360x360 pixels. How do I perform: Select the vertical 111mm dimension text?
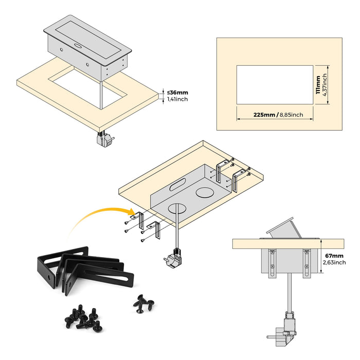click(x=318, y=84)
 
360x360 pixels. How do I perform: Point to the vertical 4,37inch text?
click(x=325, y=84)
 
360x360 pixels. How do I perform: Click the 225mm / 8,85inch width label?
click(x=275, y=115)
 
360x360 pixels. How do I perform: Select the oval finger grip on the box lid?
click(x=79, y=45)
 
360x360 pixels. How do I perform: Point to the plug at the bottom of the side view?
click(x=284, y=330)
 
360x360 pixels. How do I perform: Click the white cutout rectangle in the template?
click(x=275, y=85)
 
